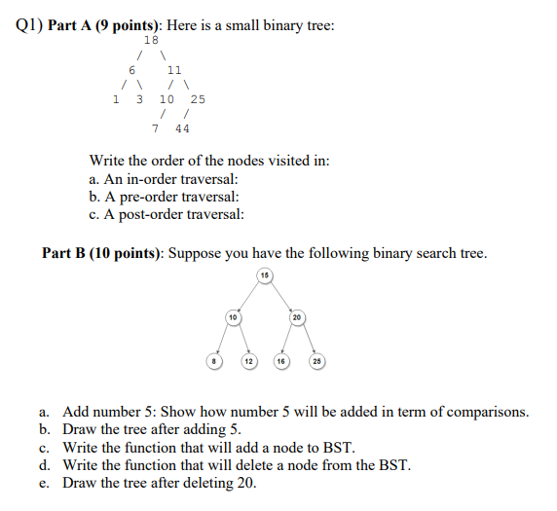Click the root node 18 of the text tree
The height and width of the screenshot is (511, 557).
pos(151,40)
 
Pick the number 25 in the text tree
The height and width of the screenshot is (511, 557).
pos(198,99)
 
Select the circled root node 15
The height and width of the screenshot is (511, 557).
pos(264,276)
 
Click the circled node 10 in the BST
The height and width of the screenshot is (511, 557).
pos(233,317)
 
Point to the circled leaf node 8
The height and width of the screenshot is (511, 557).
pos(216,361)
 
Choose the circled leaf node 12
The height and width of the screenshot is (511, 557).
pos(249,361)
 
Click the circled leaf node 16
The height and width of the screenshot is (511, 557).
pos(280,361)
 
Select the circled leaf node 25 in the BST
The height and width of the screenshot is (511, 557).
pos(316,361)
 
